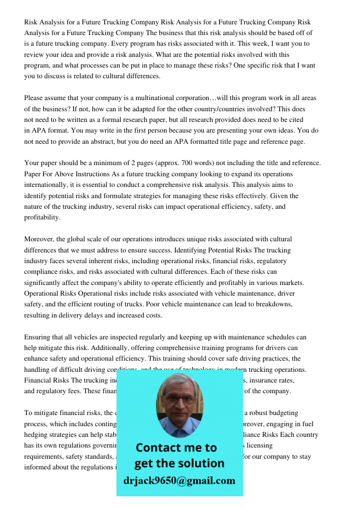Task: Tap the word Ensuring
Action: tap(38, 337)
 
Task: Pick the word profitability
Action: tap(42, 217)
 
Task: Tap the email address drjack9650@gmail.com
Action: tap(179, 481)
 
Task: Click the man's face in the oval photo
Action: tap(179, 403)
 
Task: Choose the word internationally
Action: tap(47, 185)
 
